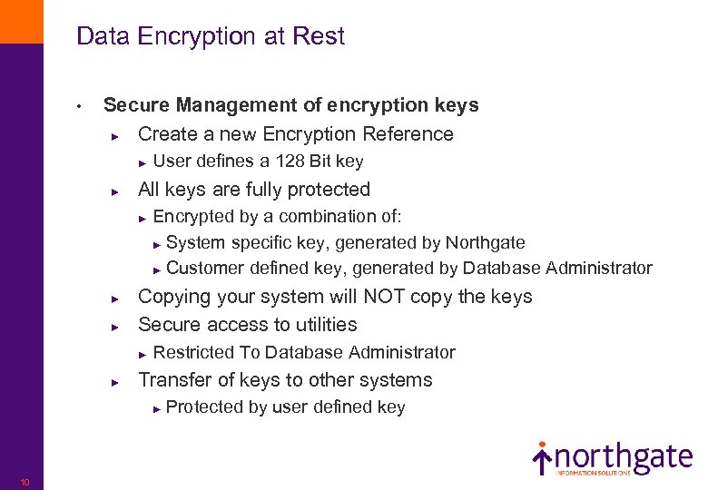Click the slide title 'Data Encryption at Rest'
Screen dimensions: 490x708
pyautogui.click(x=211, y=37)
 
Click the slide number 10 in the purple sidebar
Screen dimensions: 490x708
pyautogui.click(x=25, y=482)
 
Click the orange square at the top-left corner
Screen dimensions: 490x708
pyautogui.click(x=21, y=21)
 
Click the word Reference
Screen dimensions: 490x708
pyautogui.click(x=408, y=134)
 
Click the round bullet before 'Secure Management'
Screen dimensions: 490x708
pyautogui.click(x=80, y=106)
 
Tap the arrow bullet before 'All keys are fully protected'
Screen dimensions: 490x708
pyautogui.click(x=114, y=191)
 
